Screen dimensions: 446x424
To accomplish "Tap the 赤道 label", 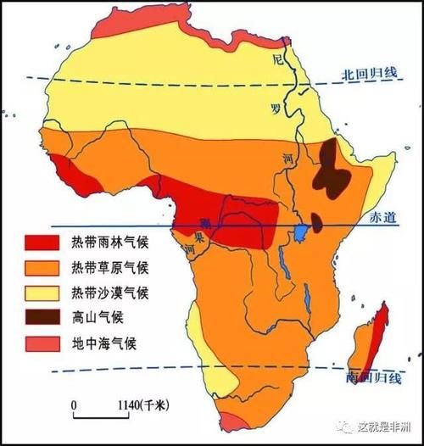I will click(x=383, y=218).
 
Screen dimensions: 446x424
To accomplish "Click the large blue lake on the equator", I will click(x=301, y=231).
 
